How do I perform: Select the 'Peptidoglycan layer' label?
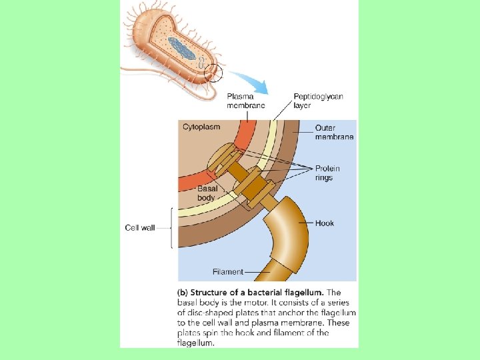click(318, 101)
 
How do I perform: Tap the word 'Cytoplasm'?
click(201, 127)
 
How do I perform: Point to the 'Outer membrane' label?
click(334, 132)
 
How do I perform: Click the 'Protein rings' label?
click(327, 173)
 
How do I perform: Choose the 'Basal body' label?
click(206, 193)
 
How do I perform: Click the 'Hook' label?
click(325, 223)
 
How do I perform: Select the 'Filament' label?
click(227, 271)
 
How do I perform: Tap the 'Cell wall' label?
click(140, 227)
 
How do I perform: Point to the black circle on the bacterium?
click(214, 71)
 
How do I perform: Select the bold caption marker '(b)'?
click(182, 292)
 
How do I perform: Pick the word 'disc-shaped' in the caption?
click(208, 312)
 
